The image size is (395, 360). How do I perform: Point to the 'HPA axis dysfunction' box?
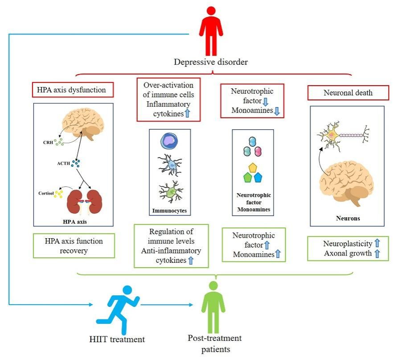click(x=73, y=90)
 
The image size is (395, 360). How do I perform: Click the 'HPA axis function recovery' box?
click(x=74, y=245)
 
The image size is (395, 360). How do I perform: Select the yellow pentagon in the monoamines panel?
click(x=253, y=168)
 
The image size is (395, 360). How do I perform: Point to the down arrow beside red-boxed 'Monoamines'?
click(x=276, y=111)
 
